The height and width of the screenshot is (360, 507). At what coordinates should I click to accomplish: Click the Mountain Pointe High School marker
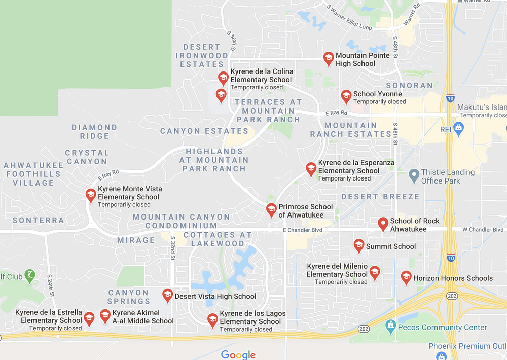click(328, 58)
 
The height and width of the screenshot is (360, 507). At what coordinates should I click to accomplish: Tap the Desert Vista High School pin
click(167, 295)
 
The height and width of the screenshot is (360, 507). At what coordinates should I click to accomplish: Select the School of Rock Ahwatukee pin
click(383, 223)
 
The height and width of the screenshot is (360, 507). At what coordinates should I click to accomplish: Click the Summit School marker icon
click(358, 246)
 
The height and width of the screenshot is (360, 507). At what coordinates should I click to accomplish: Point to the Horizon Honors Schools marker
click(406, 277)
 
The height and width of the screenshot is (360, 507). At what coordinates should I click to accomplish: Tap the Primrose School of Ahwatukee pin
click(271, 209)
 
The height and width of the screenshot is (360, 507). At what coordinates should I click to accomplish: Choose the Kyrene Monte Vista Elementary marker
click(91, 195)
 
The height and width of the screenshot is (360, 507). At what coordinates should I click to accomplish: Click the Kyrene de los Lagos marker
click(213, 319)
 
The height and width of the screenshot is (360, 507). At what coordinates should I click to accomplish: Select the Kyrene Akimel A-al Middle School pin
click(105, 316)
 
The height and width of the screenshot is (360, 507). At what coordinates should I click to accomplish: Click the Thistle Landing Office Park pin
click(414, 175)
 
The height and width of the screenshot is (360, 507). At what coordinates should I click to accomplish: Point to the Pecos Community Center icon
click(390, 325)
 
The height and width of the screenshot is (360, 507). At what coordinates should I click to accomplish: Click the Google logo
click(238, 355)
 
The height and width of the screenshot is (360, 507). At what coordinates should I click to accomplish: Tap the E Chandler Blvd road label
click(302, 231)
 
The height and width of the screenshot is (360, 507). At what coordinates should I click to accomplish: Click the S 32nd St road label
click(172, 247)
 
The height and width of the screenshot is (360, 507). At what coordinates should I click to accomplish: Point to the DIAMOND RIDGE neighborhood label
click(94, 132)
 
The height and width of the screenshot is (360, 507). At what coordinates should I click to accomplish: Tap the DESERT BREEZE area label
click(380, 196)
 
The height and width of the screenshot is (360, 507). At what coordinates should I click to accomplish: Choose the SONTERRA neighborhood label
click(39, 220)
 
